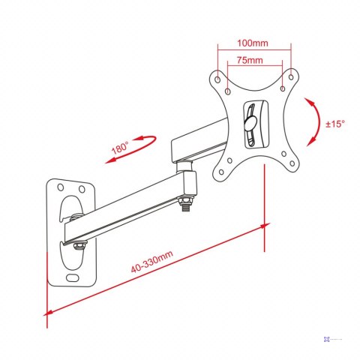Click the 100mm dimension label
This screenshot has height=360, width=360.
[x=253, y=43]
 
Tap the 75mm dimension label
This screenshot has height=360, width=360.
[x=250, y=60]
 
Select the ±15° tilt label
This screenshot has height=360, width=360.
[x=335, y=124]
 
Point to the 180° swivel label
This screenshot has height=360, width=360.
[x=120, y=148]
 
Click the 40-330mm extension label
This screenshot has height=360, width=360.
[x=152, y=261]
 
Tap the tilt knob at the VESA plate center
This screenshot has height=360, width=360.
[x=250, y=123]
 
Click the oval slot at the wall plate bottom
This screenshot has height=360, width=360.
[x=73, y=277]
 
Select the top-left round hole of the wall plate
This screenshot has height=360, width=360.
[x=61, y=187]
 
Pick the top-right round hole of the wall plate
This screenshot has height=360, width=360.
[x=82, y=189]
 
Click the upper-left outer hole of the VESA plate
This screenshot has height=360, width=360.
[x=217, y=79]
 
